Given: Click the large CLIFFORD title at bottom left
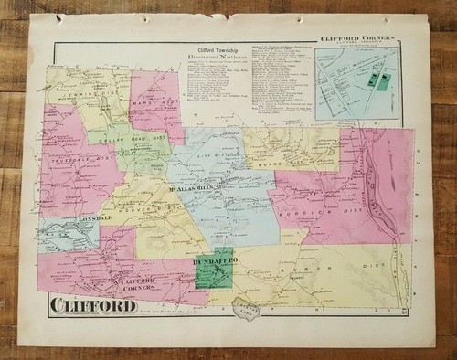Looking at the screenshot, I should click(92, 304).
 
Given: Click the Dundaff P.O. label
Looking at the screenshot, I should click(213, 262).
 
